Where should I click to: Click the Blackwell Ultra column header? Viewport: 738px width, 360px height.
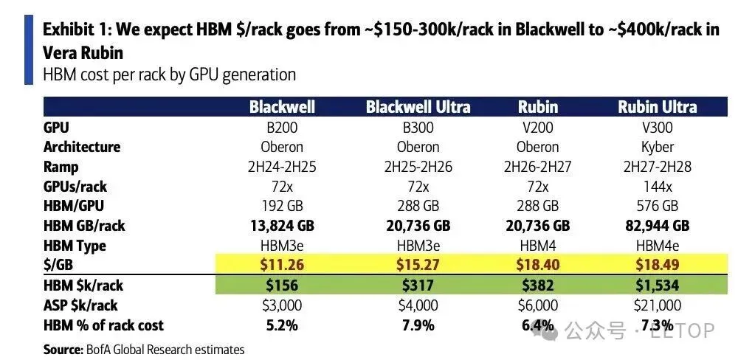tap(418, 107)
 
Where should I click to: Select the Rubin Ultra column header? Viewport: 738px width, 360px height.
tap(657, 107)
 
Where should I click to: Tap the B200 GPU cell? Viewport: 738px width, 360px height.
tap(281, 128)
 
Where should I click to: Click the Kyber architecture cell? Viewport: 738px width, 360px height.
tap(657, 148)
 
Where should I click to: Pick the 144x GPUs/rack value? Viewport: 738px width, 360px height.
tap(657, 187)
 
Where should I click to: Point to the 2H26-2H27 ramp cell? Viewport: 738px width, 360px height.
tap(537, 167)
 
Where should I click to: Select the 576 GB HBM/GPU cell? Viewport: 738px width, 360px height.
tap(657, 206)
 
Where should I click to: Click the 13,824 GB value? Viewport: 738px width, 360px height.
tap(281, 226)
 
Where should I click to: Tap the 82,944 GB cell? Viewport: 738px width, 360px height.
tap(657, 226)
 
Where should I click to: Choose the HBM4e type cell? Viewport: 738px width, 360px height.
tap(657, 246)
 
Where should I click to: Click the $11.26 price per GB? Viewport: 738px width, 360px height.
tap(281, 265)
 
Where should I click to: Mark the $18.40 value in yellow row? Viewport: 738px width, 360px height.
tap(537, 265)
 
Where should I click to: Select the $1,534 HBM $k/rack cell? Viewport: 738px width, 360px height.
tap(657, 285)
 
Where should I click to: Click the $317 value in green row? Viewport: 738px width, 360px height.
tap(418, 285)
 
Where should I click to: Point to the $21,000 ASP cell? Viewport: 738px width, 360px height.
tap(657, 305)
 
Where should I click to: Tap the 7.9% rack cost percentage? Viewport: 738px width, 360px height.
tap(418, 325)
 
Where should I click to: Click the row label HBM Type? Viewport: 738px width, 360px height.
tap(75, 246)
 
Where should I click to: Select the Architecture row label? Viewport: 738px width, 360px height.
tap(82, 147)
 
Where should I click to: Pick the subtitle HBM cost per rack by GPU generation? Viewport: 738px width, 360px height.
tap(170, 75)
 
